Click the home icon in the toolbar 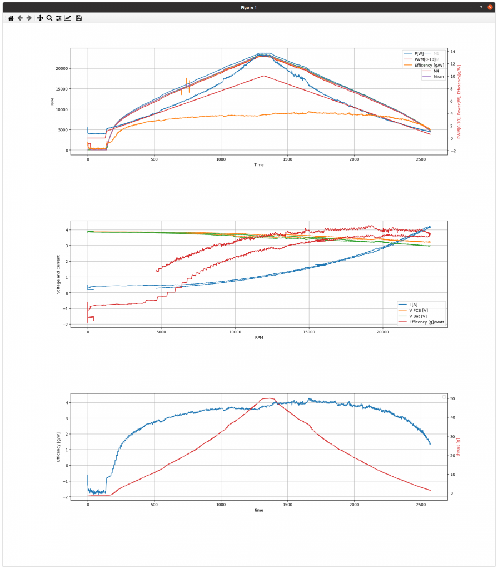point(11,18)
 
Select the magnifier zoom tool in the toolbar point(49,18)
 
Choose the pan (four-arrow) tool point(40,18)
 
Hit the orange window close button point(490,7)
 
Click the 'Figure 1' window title point(248,7)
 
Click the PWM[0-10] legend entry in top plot point(425,59)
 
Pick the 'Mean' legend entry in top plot point(439,77)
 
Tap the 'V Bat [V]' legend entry point(418,316)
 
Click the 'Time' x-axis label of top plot point(259,165)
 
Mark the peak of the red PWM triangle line point(263,76)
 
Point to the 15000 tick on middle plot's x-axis point(308,332)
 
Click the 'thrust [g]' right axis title point(459,447)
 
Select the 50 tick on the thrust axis point(452,399)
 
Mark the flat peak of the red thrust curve point(268,398)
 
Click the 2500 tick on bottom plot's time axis point(420,505)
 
